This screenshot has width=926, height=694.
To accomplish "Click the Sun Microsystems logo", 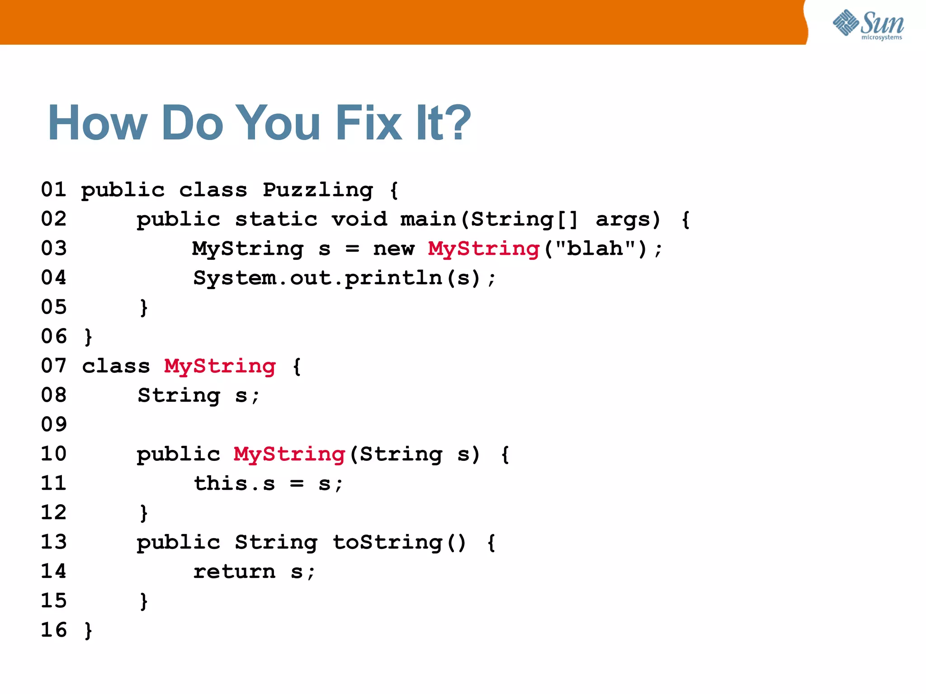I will click(868, 25).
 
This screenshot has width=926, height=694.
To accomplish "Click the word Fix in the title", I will click(369, 123).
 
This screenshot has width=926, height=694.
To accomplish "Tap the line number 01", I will click(53, 190).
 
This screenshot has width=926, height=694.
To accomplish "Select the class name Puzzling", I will click(318, 190).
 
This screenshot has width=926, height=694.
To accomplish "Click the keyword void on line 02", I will click(359, 220).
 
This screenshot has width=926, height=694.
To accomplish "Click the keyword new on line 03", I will click(393, 249).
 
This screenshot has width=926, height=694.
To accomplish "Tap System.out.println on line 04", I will click(317, 278).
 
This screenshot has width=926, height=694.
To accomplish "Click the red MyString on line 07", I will click(220, 366).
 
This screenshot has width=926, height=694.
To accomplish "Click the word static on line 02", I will click(276, 220).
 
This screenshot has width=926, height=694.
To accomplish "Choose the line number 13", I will click(53, 542).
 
